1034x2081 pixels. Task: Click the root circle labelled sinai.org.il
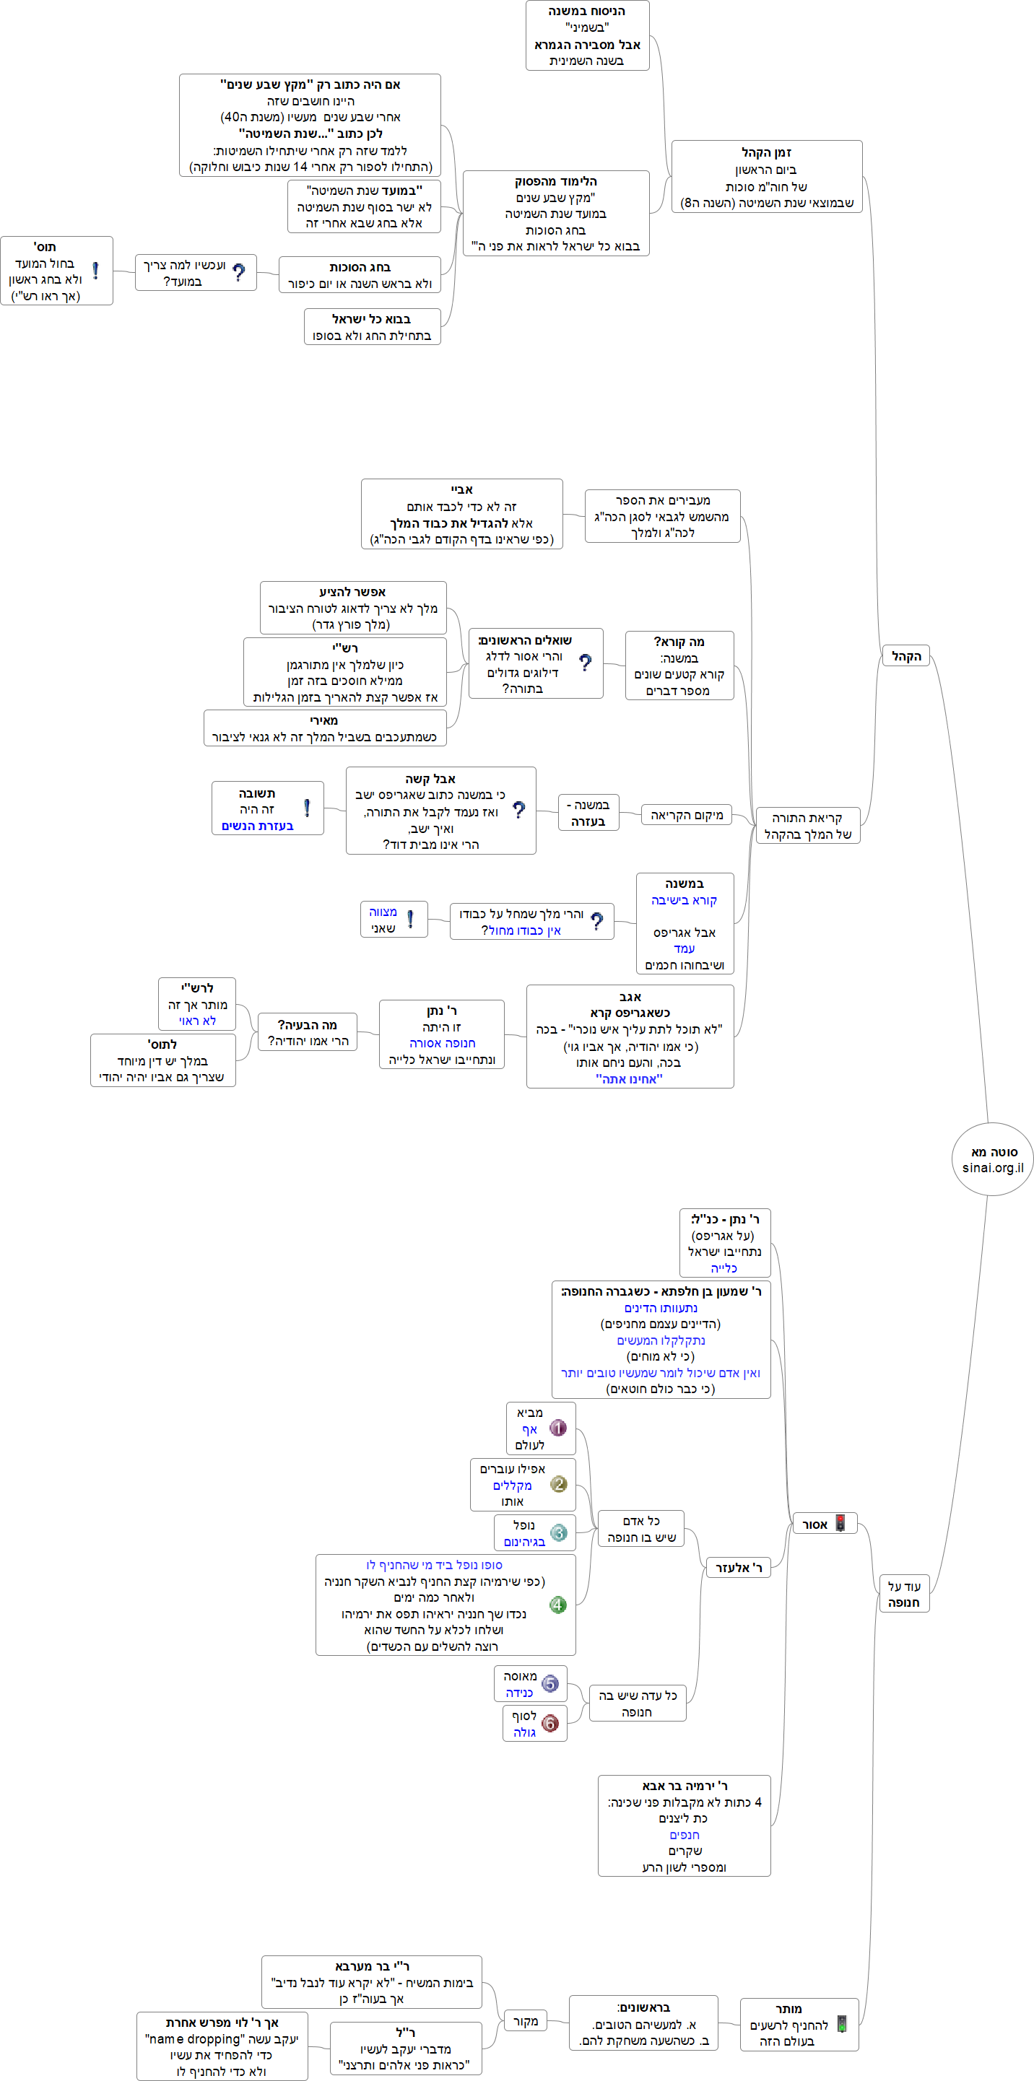point(992,1159)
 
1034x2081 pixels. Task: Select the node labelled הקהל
point(905,656)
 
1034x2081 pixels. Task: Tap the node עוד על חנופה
point(904,1594)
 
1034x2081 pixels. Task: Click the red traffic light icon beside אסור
point(840,1524)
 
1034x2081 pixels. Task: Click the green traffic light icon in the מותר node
point(842,2024)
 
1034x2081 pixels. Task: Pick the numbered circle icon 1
point(557,1428)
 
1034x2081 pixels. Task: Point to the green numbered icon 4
point(557,1605)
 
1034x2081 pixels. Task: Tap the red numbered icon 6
point(550,1723)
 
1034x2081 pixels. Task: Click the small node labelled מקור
point(525,2020)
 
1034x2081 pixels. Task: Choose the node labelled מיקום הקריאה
point(686,815)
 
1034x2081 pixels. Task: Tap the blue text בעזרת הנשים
point(258,826)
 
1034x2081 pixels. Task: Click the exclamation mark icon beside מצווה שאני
point(410,920)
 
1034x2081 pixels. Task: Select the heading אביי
point(462,489)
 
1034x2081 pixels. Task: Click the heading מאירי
point(324,720)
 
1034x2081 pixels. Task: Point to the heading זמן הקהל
point(767,153)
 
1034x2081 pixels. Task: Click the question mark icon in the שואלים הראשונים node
point(585,663)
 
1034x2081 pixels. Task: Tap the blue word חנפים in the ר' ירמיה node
point(685,1835)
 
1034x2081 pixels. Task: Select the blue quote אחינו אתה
point(630,1078)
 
